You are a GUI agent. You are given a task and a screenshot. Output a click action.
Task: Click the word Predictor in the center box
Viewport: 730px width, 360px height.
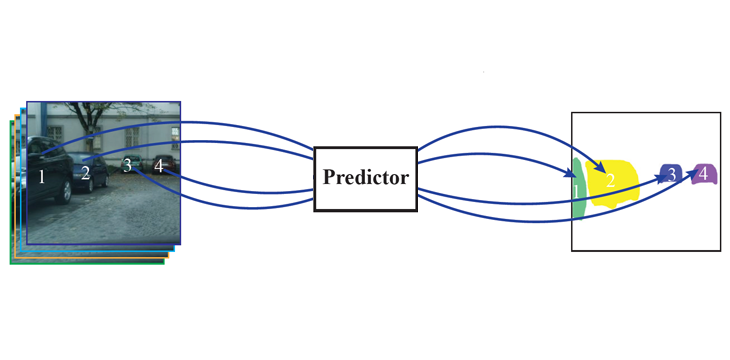click(x=366, y=177)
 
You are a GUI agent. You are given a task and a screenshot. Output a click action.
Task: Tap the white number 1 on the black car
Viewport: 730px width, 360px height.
click(x=42, y=177)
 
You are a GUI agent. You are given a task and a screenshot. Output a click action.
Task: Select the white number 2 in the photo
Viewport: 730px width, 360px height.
click(x=85, y=173)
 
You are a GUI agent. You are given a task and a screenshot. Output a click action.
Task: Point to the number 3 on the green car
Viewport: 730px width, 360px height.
click(x=127, y=165)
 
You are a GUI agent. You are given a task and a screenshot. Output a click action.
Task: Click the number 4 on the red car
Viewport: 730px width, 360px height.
click(x=159, y=166)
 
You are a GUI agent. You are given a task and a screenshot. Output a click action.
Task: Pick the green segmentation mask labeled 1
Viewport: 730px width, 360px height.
click(x=578, y=189)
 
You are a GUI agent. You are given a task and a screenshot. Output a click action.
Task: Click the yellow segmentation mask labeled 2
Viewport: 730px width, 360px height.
click(x=612, y=183)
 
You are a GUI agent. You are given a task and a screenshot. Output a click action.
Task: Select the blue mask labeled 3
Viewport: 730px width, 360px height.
click(x=671, y=174)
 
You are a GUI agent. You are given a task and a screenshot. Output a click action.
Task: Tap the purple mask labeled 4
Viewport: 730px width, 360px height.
click(x=704, y=174)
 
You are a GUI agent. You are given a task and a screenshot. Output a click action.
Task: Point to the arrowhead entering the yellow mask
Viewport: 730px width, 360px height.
click(x=598, y=167)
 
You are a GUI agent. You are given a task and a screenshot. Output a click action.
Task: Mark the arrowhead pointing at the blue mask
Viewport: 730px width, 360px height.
click(x=663, y=178)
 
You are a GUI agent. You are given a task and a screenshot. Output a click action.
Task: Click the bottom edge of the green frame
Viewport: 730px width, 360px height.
click(x=88, y=264)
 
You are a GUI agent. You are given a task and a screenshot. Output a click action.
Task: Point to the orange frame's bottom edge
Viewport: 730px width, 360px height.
click(x=92, y=258)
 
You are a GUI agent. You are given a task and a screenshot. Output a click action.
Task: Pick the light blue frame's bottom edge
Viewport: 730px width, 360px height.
click(x=97, y=251)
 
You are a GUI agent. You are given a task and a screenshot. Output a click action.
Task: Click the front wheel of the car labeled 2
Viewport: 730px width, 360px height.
click(x=90, y=183)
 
